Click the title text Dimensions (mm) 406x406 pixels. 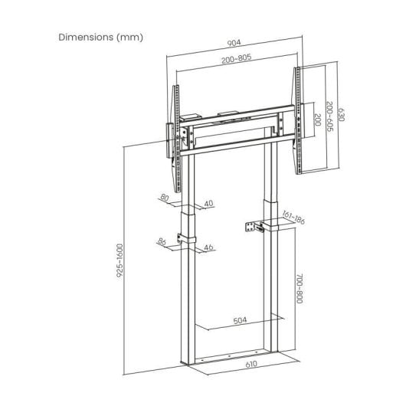100,38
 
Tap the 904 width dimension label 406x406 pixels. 234,43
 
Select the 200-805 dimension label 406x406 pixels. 237,58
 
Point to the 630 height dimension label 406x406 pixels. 341,113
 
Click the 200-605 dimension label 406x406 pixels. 329,116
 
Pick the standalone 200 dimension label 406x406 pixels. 317,120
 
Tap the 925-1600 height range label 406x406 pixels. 120,260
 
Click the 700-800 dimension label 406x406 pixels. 300,288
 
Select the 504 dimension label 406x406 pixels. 240,320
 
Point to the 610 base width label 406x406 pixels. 251,365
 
